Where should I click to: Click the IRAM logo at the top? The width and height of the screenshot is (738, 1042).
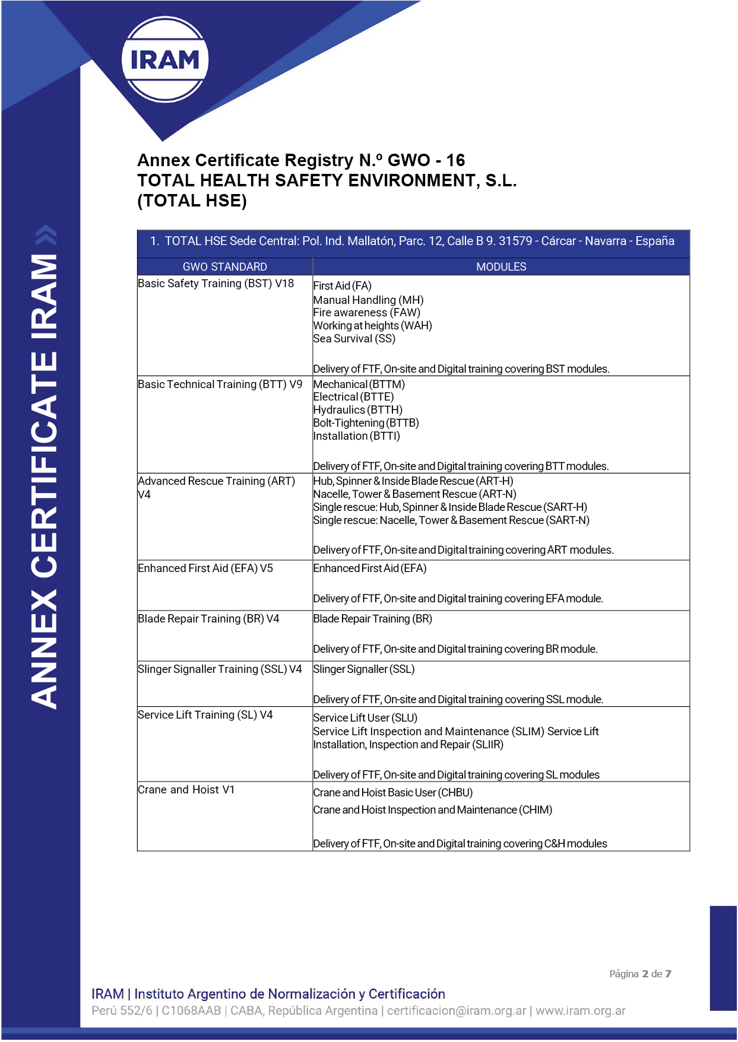tap(165, 59)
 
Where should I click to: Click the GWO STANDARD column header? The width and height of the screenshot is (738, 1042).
tap(224, 266)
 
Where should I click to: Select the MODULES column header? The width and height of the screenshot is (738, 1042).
tap(501, 266)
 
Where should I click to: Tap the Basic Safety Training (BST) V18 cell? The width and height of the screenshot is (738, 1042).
tap(216, 284)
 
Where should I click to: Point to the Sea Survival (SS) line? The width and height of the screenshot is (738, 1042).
tap(354, 339)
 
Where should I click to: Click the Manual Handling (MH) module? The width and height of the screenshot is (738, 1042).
tap(369, 300)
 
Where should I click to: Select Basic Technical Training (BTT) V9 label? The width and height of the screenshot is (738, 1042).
tap(220, 385)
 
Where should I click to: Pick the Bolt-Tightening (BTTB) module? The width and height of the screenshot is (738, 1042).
tap(366, 423)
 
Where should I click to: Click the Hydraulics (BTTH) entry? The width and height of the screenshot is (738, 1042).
tap(358, 410)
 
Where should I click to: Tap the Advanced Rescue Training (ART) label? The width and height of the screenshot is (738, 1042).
tap(217, 481)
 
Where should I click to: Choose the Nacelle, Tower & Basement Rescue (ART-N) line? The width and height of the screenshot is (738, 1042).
tap(415, 494)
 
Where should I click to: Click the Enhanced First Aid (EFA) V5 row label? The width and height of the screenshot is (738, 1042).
tap(205, 568)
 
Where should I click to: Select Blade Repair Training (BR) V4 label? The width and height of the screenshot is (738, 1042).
tap(208, 619)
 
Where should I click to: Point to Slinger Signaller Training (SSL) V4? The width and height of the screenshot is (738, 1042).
tap(220, 669)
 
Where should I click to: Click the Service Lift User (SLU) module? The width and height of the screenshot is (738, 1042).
tap(366, 718)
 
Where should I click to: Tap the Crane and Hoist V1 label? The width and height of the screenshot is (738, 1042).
tap(186, 790)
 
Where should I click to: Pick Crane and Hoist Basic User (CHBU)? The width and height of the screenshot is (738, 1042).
tap(393, 793)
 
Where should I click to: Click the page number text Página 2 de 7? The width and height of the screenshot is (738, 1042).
tap(640, 974)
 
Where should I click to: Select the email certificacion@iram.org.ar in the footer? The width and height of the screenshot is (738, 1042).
tap(457, 1011)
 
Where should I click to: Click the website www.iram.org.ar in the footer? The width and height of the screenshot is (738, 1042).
tap(581, 1011)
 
